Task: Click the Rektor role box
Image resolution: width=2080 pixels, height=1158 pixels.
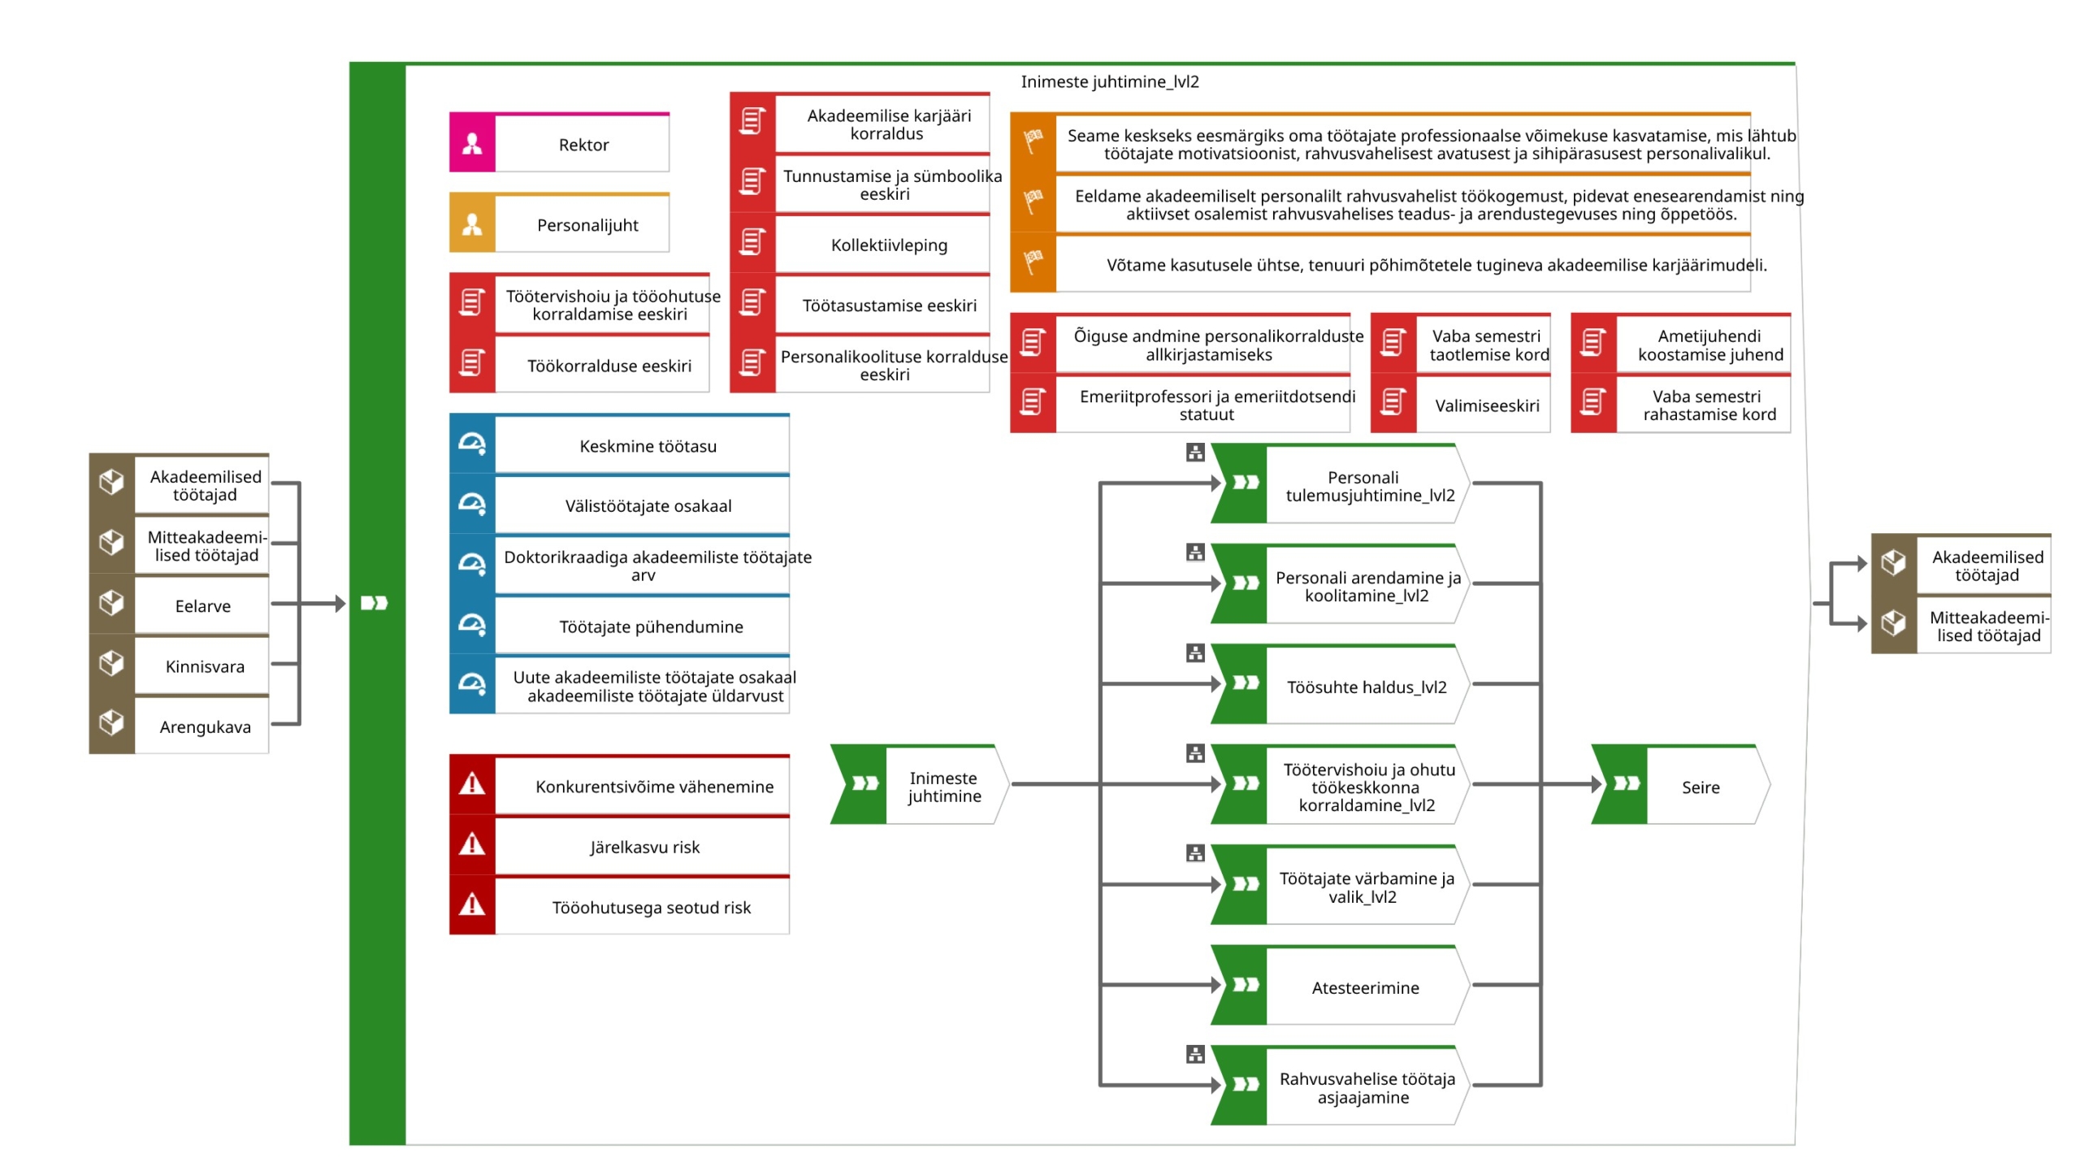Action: [x=559, y=142]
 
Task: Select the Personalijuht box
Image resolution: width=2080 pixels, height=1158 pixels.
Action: [x=559, y=223]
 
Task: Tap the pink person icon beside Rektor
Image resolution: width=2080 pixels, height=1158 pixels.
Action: [x=472, y=143]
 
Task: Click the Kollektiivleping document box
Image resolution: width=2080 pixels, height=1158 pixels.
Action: [x=860, y=244]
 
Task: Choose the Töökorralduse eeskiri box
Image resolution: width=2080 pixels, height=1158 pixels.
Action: [x=579, y=364]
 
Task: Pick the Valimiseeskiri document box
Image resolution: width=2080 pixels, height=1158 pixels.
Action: [x=1460, y=404]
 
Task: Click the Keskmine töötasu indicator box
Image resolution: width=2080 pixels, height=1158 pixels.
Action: [x=619, y=444]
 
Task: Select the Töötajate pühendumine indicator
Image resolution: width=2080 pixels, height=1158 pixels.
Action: [x=619, y=625]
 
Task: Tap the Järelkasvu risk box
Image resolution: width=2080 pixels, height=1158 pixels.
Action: [x=619, y=845]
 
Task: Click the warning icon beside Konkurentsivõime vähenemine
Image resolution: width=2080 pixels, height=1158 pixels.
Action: [x=472, y=785]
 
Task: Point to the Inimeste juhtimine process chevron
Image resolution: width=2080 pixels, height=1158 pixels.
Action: [x=919, y=785]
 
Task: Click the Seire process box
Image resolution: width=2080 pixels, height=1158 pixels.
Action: [x=1680, y=785]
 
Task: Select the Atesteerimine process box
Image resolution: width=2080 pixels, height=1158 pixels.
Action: [x=1340, y=986]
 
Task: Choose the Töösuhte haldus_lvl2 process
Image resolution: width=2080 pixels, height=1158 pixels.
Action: [x=1340, y=684]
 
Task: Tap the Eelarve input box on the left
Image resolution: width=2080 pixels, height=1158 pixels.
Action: [x=179, y=604]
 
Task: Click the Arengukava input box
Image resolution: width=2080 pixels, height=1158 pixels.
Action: [x=179, y=725]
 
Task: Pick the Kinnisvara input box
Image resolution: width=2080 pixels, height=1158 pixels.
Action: [x=179, y=665]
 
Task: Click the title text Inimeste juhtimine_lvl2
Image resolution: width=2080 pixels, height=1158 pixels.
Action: [x=1109, y=81]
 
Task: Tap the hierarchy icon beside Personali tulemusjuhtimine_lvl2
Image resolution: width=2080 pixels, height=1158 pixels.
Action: [x=1194, y=453]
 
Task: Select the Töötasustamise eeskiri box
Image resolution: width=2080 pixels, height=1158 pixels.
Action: [x=860, y=304]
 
